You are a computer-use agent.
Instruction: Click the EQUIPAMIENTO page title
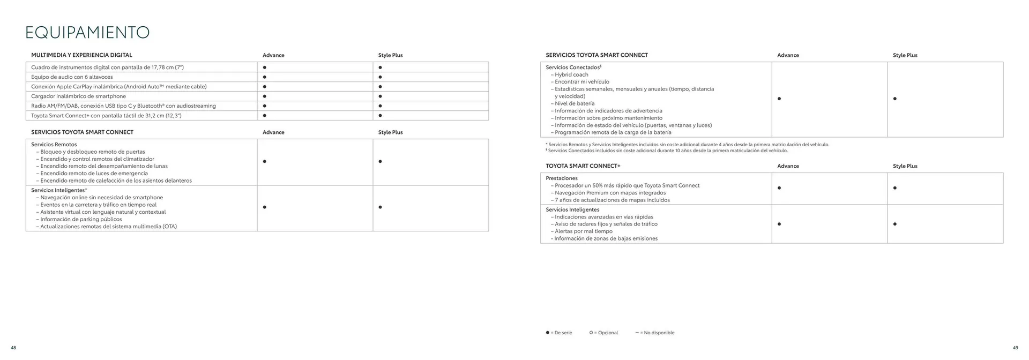pos(87,33)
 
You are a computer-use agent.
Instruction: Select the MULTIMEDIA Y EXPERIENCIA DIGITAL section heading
pos(81,55)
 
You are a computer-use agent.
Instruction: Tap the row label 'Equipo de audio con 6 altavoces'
pos(72,77)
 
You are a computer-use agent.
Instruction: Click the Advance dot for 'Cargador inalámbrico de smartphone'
pos(265,96)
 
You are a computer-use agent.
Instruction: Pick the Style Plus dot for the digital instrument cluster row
pos(380,67)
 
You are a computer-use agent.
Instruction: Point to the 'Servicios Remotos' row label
pos(54,145)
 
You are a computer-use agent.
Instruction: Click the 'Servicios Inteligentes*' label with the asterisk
pos(59,190)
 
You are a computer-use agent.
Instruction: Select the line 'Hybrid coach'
pos(571,75)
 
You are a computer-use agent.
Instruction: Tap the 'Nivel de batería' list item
pos(575,103)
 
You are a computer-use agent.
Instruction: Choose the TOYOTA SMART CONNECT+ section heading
pos(583,166)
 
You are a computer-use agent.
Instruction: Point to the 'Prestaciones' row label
pos(562,178)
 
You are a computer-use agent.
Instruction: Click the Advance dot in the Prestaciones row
pos(779,188)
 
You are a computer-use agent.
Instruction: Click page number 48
pos(13,348)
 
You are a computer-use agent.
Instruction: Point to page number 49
pos(1016,348)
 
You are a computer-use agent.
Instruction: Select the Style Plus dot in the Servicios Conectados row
pos(895,99)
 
